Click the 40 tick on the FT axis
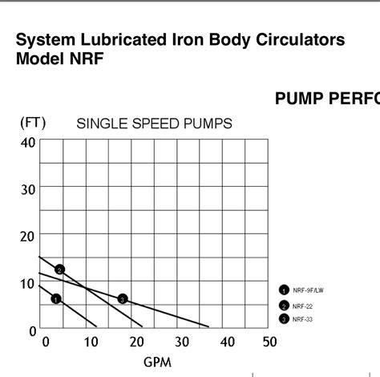[x=28, y=143]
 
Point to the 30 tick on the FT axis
[x=28, y=188]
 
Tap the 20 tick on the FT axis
[x=28, y=236]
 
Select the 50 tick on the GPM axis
[x=269, y=342]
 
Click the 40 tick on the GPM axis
[x=224, y=342]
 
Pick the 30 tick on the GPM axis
[x=178, y=342]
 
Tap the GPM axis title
[x=158, y=362]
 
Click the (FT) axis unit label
[x=34, y=123]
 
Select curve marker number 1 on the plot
[x=56, y=299]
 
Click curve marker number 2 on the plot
[x=59, y=270]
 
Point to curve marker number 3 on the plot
[x=123, y=299]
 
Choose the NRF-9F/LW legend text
[x=309, y=290]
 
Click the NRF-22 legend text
[x=302, y=306]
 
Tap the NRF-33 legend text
[x=302, y=318]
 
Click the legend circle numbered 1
[x=284, y=290]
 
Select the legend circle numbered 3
[x=284, y=318]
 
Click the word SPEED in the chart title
[x=154, y=124]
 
